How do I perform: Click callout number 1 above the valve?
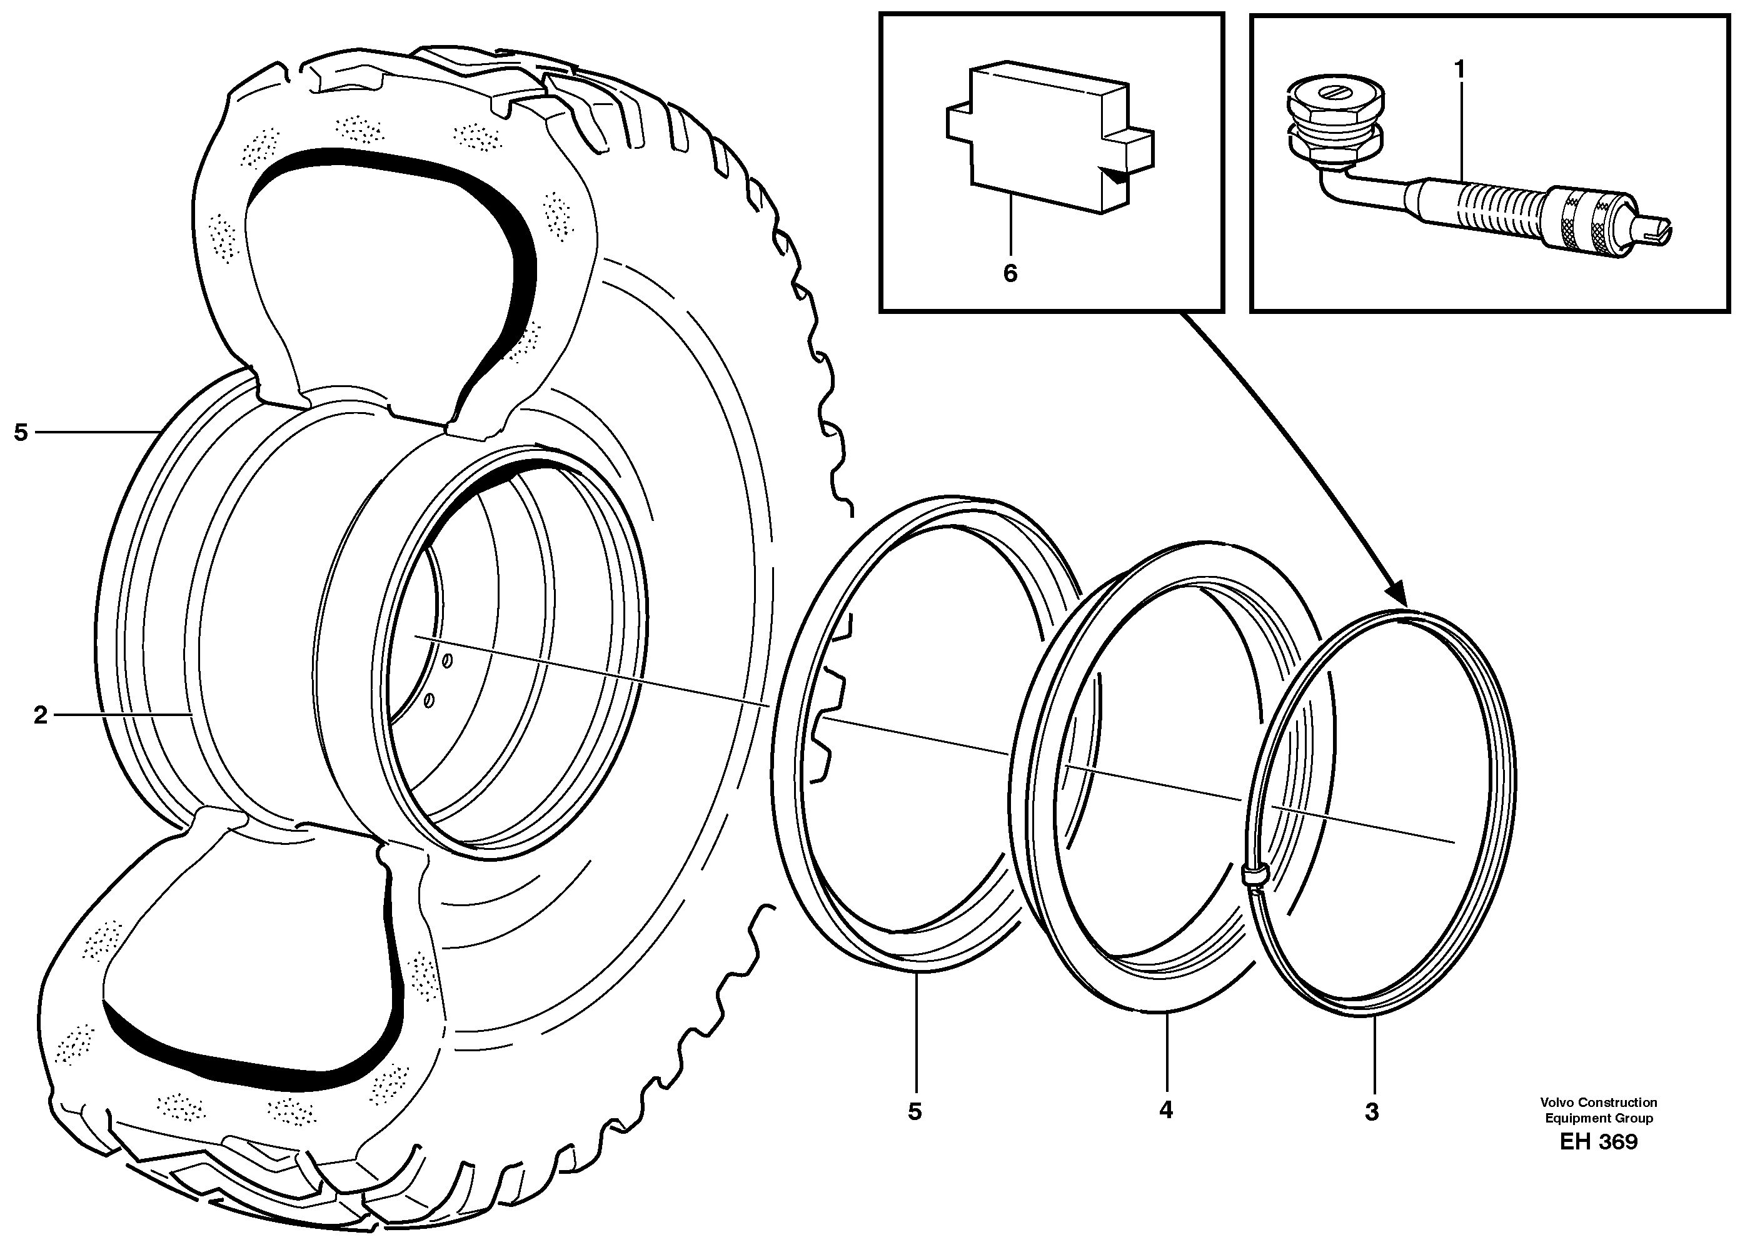click(1459, 70)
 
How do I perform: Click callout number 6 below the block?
click(1010, 273)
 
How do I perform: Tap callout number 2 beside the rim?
click(41, 715)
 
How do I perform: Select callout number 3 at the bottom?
click(1372, 1111)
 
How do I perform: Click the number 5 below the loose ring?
click(914, 1111)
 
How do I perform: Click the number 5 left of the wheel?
click(21, 433)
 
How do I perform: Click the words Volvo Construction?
click(1597, 1102)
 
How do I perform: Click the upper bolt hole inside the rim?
click(448, 660)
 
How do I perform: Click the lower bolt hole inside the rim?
click(430, 700)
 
